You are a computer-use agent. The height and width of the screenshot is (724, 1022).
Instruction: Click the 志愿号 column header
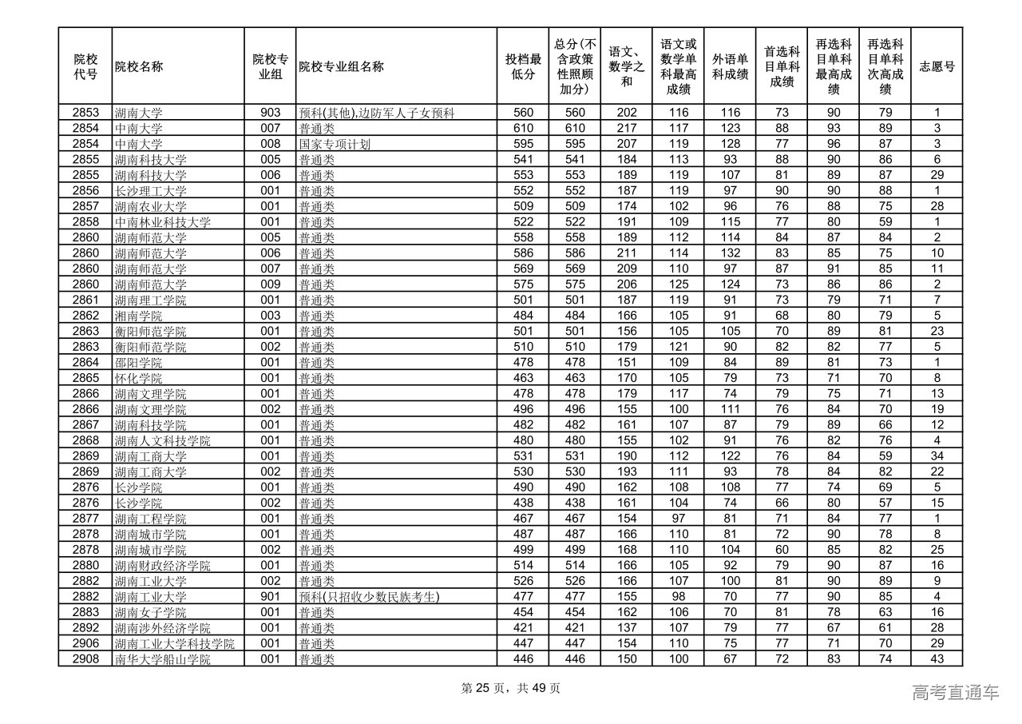(x=937, y=66)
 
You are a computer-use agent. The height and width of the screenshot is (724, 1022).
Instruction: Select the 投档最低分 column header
(x=523, y=66)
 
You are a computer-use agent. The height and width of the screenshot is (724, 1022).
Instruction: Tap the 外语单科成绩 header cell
(x=730, y=66)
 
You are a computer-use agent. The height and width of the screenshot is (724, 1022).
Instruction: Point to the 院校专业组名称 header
(x=342, y=66)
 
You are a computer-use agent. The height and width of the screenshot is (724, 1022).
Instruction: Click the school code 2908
(x=85, y=659)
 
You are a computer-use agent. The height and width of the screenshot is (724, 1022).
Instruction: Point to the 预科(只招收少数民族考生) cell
(x=370, y=597)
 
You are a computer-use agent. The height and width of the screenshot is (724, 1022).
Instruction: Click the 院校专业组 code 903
(x=270, y=113)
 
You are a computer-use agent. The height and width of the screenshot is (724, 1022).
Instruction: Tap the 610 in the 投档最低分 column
(x=523, y=129)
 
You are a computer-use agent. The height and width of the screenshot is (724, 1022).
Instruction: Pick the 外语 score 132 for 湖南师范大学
(x=730, y=253)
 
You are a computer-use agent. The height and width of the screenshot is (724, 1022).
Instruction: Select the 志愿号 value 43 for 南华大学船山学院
(x=937, y=659)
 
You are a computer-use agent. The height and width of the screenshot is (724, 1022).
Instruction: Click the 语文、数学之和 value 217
(x=627, y=129)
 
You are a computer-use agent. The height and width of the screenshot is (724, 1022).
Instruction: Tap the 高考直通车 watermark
(x=955, y=693)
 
